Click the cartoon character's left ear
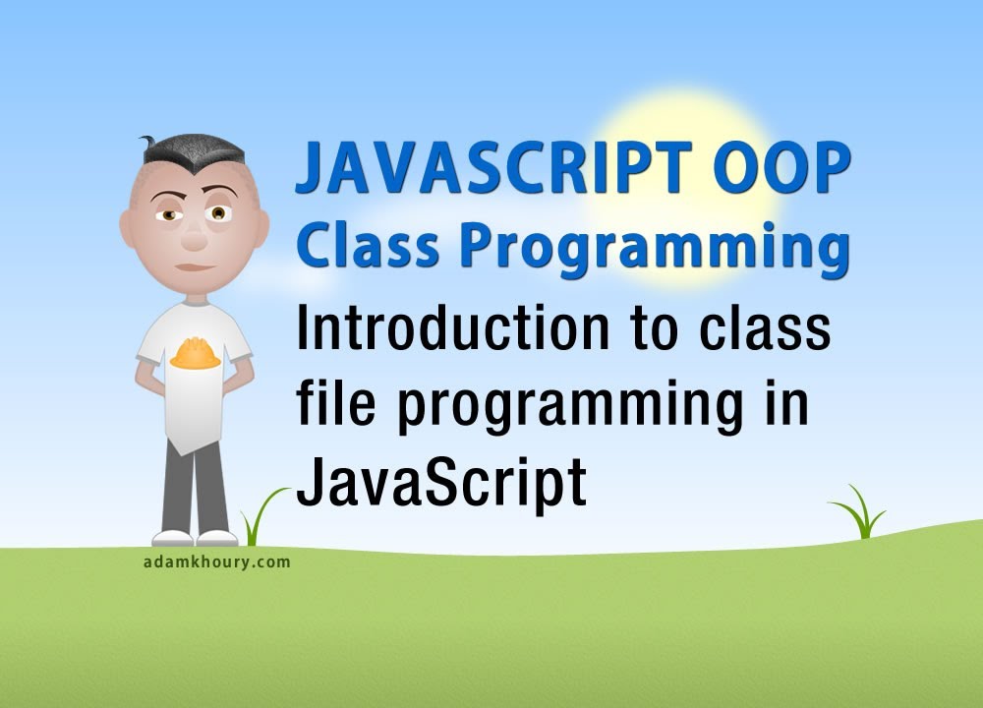(261, 228)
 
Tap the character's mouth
(194, 267)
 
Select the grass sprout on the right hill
(857, 513)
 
